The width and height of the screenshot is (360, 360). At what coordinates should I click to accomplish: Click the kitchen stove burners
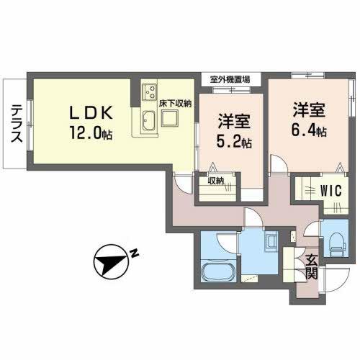pyautogui.click(x=151, y=91)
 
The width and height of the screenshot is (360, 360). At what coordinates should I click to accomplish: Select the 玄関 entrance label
pyautogui.click(x=311, y=266)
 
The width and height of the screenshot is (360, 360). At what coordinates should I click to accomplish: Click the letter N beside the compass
pyautogui.click(x=135, y=252)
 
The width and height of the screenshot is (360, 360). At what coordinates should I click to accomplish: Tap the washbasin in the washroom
pyautogui.click(x=272, y=240)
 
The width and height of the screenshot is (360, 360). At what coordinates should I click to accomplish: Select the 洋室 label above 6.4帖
pyautogui.click(x=308, y=112)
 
